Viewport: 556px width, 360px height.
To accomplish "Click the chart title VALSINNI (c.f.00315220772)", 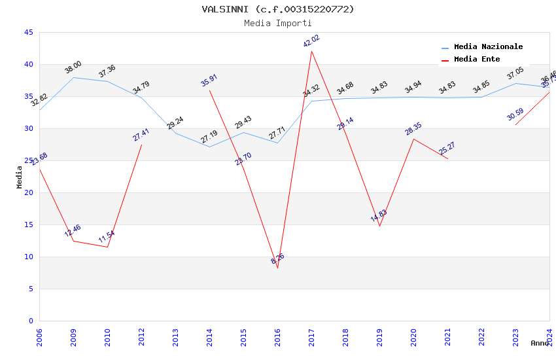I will click(278, 9).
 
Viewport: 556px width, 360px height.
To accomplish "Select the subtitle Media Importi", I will click(278, 24).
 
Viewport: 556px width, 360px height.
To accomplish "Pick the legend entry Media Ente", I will click(477, 60).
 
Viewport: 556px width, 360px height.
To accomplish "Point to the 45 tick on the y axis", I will click(28, 32).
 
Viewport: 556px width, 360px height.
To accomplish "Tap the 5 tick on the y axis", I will click(31, 289).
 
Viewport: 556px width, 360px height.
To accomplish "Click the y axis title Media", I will click(20, 177).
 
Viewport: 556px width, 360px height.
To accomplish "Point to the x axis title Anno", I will click(540, 343).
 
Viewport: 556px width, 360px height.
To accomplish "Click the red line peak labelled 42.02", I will click(311, 51).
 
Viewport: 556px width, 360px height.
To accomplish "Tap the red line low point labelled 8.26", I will click(277, 268).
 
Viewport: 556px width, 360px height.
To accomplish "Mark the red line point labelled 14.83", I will click(379, 226).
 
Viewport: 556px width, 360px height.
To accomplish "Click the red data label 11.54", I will click(107, 236).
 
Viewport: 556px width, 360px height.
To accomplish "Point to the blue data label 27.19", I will click(209, 137).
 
